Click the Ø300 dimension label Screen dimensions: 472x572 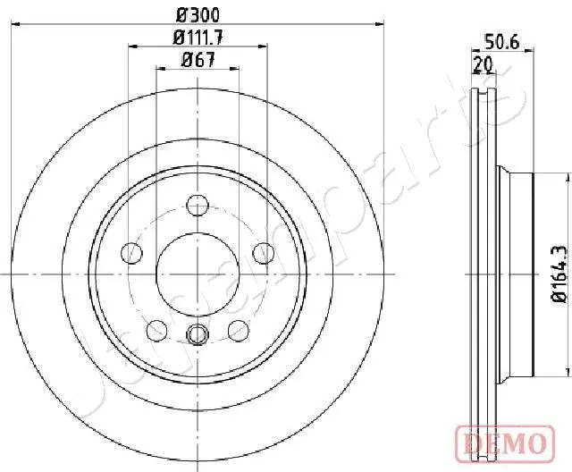pos(198,14)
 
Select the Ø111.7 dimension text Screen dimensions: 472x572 pos(198,38)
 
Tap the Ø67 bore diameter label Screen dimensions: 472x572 pos(198,60)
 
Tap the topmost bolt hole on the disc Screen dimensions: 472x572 pos(198,205)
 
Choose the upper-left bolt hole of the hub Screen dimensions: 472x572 pos(131,253)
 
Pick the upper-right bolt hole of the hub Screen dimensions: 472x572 pos(263,253)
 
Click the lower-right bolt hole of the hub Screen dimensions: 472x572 pos(238,306)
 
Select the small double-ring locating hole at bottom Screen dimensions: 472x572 pos(198,310)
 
